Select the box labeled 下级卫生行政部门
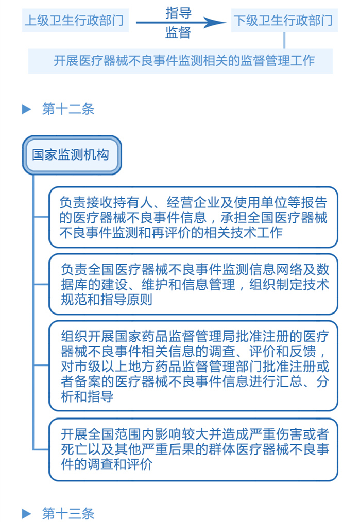[284, 21]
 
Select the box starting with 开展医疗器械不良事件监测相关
[180, 61]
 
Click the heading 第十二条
[68, 109]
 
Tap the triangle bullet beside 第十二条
[27, 109]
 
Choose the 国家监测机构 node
[71, 154]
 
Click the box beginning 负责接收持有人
[193, 217]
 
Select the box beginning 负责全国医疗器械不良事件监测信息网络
[193, 284]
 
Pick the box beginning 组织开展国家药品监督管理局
[193, 366]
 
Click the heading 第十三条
[68, 513]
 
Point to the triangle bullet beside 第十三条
[27, 513]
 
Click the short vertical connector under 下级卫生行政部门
[284, 41]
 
